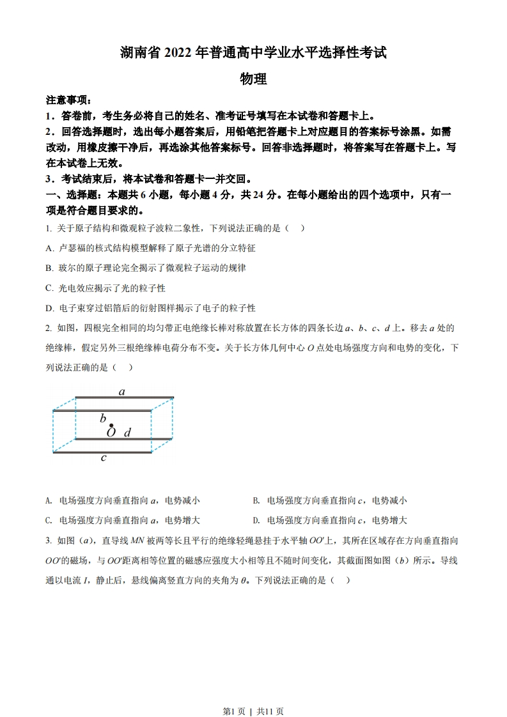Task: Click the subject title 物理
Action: [x=253, y=79]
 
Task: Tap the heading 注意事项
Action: [x=68, y=100]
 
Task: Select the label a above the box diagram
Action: [x=122, y=392]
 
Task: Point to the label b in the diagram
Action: [x=103, y=419]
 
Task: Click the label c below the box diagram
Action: [x=104, y=458]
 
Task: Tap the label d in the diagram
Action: [x=127, y=433]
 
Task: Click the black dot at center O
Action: [x=111, y=425]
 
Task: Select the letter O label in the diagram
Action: [x=111, y=433]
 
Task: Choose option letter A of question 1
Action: [x=49, y=248]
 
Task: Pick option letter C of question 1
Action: [x=49, y=288]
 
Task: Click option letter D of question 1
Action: [x=49, y=308]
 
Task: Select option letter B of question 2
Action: [x=256, y=500]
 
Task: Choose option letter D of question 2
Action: [x=256, y=520]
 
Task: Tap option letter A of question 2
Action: [x=49, y=500]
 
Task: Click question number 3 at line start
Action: [x=49, y=541]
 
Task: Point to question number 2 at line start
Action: [x=49, y=328]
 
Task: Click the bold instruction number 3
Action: [x=49, y=179]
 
